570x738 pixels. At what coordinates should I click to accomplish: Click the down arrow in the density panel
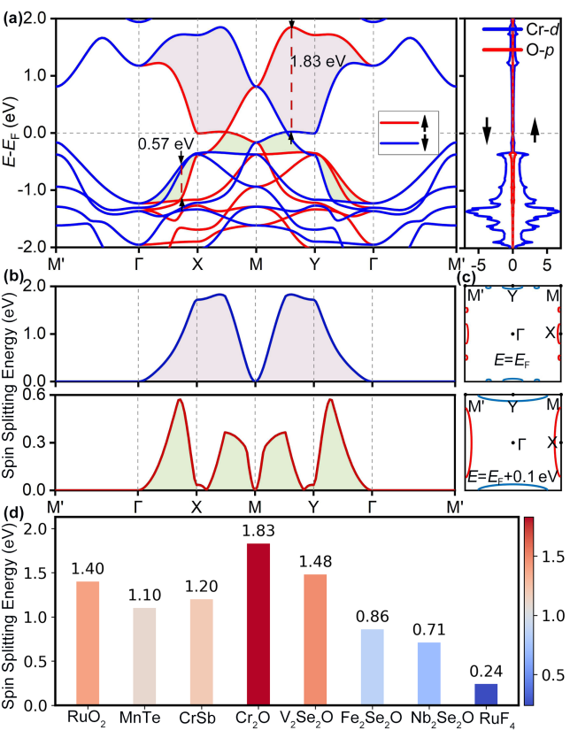487,135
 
